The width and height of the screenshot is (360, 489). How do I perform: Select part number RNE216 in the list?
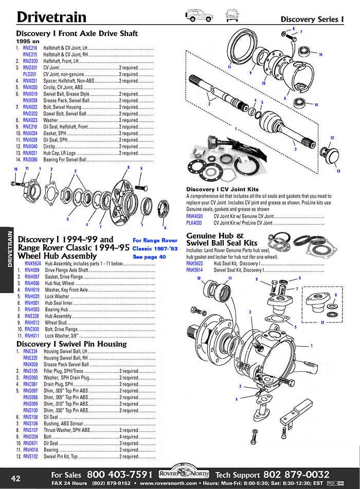30,48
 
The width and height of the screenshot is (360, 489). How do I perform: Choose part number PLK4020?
194,223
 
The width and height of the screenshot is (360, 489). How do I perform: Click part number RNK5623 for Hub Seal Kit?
194,264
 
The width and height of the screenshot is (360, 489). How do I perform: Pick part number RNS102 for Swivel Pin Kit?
30,456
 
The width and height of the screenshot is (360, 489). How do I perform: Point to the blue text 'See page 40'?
149,257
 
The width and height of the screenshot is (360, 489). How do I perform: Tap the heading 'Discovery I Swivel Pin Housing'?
71,343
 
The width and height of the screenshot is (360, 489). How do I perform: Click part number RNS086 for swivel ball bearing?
30,160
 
